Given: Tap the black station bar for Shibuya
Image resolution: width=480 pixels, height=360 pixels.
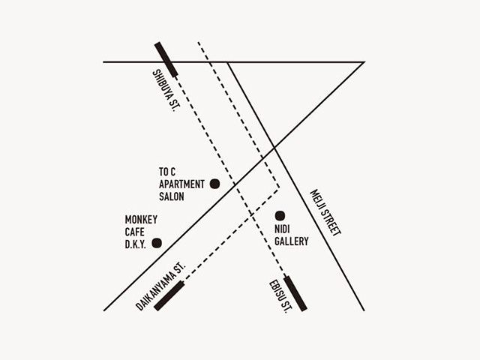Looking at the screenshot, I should tap(166, 60).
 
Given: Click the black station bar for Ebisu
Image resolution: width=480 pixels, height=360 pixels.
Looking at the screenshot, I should tap(295, 293).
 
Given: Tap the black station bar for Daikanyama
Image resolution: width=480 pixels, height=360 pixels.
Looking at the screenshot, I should tap(169, 295).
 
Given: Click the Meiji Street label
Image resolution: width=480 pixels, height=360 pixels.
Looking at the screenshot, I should tap(325, 213).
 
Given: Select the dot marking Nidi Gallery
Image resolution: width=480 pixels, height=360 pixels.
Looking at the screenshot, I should tap(280, 215).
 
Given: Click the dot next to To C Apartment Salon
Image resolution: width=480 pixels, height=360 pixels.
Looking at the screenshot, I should tap(214, 183).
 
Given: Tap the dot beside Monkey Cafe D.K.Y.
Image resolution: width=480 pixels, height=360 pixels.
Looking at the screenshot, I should tap(157, 242).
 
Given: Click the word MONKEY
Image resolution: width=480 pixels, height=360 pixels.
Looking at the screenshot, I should tap(141, 220).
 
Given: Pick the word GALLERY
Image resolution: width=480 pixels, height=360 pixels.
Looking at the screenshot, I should tap(291, 241).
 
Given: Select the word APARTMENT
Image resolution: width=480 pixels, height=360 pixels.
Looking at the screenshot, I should tap(181, 184).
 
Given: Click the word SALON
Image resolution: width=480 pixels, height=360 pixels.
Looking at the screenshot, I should tap(172, 196).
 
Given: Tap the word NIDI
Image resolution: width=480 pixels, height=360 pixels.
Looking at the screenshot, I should tap(283, 229).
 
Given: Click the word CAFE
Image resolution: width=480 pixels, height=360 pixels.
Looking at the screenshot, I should tap(135, 232).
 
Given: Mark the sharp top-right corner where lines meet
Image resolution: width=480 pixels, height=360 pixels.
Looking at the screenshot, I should tap(364, 62).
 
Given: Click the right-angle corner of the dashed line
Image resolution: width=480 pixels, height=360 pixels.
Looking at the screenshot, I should tap(279, 187).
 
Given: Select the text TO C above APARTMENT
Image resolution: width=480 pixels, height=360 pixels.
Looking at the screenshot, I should tap(166, 171).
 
